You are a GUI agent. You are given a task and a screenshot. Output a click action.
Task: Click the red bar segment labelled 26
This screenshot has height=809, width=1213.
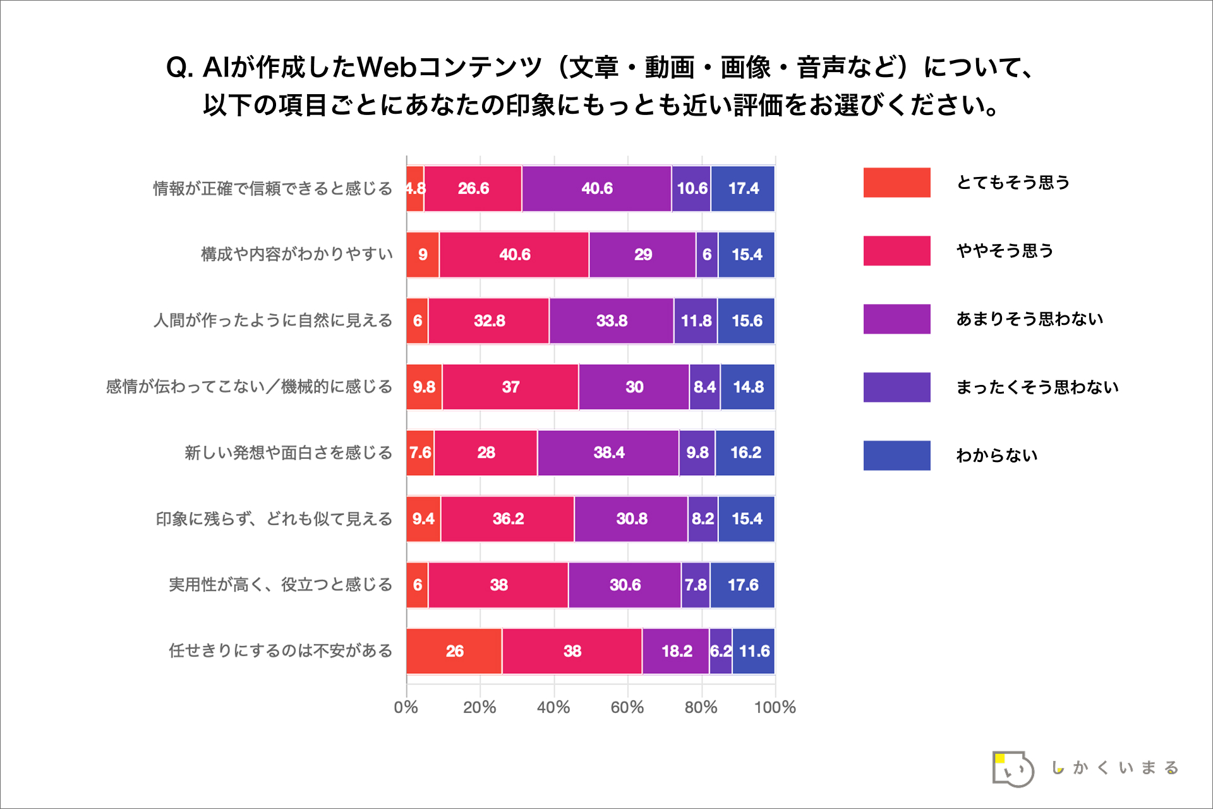pyautogui.click(x=454, y=651)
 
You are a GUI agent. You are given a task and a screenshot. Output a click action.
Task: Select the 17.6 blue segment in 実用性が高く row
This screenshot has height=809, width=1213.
pyautogui.click(x=742, y=585)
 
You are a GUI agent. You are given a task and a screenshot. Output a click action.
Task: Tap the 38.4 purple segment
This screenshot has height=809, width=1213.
pyautogui.click(x=608, y=453)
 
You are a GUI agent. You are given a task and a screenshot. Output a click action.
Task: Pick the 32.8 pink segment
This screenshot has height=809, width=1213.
pyautogui.click(x=489, y=321)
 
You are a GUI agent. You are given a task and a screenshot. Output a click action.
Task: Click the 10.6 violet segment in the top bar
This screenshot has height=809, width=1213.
pyautogui.click(x=691, y=188)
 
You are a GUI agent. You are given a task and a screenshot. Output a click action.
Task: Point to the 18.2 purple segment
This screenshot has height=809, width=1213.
pyautogui.click(x=676, y=651)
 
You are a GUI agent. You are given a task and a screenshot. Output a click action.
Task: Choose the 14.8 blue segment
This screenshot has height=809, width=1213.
pyautogui.click(x=748, y=387)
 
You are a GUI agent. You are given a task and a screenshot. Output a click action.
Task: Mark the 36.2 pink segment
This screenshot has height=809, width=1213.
pyautogui.click(x=508, y=519)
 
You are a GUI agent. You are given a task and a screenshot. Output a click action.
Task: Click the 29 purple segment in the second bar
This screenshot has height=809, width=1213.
pyautogui.click(x=643, y=255)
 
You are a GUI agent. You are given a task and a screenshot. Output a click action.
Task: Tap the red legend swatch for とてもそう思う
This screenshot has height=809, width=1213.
pyautogui.click(x=896, y=183)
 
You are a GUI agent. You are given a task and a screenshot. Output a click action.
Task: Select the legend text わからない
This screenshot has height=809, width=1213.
pyautogui.click(x=996, y=456)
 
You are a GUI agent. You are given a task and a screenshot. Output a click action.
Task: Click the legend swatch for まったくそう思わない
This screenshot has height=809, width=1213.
pyautogui.click(x=896, y=387)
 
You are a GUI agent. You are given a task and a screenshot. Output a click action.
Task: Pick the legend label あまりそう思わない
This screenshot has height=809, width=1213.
pyautogui.click(x=1029, y=319)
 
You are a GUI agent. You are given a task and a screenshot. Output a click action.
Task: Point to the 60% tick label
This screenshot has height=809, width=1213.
pyautogui.click(x=627, y=707)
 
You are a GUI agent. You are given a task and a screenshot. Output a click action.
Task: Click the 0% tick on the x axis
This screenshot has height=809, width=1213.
pyautogui.click(x=406, y=707)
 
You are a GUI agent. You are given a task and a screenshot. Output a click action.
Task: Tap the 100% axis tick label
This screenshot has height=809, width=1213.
pyautogui.click(x=775, y=707)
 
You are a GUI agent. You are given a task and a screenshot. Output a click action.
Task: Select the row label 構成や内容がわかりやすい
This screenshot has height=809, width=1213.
pyautogui.click(x=297, y=255)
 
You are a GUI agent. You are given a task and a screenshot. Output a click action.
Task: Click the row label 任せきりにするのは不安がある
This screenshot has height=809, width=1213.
pyautogui.click(x=281, y=651)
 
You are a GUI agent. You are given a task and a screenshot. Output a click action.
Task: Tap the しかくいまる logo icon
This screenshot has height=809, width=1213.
pyautogui.click(x=1013, y=769)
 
